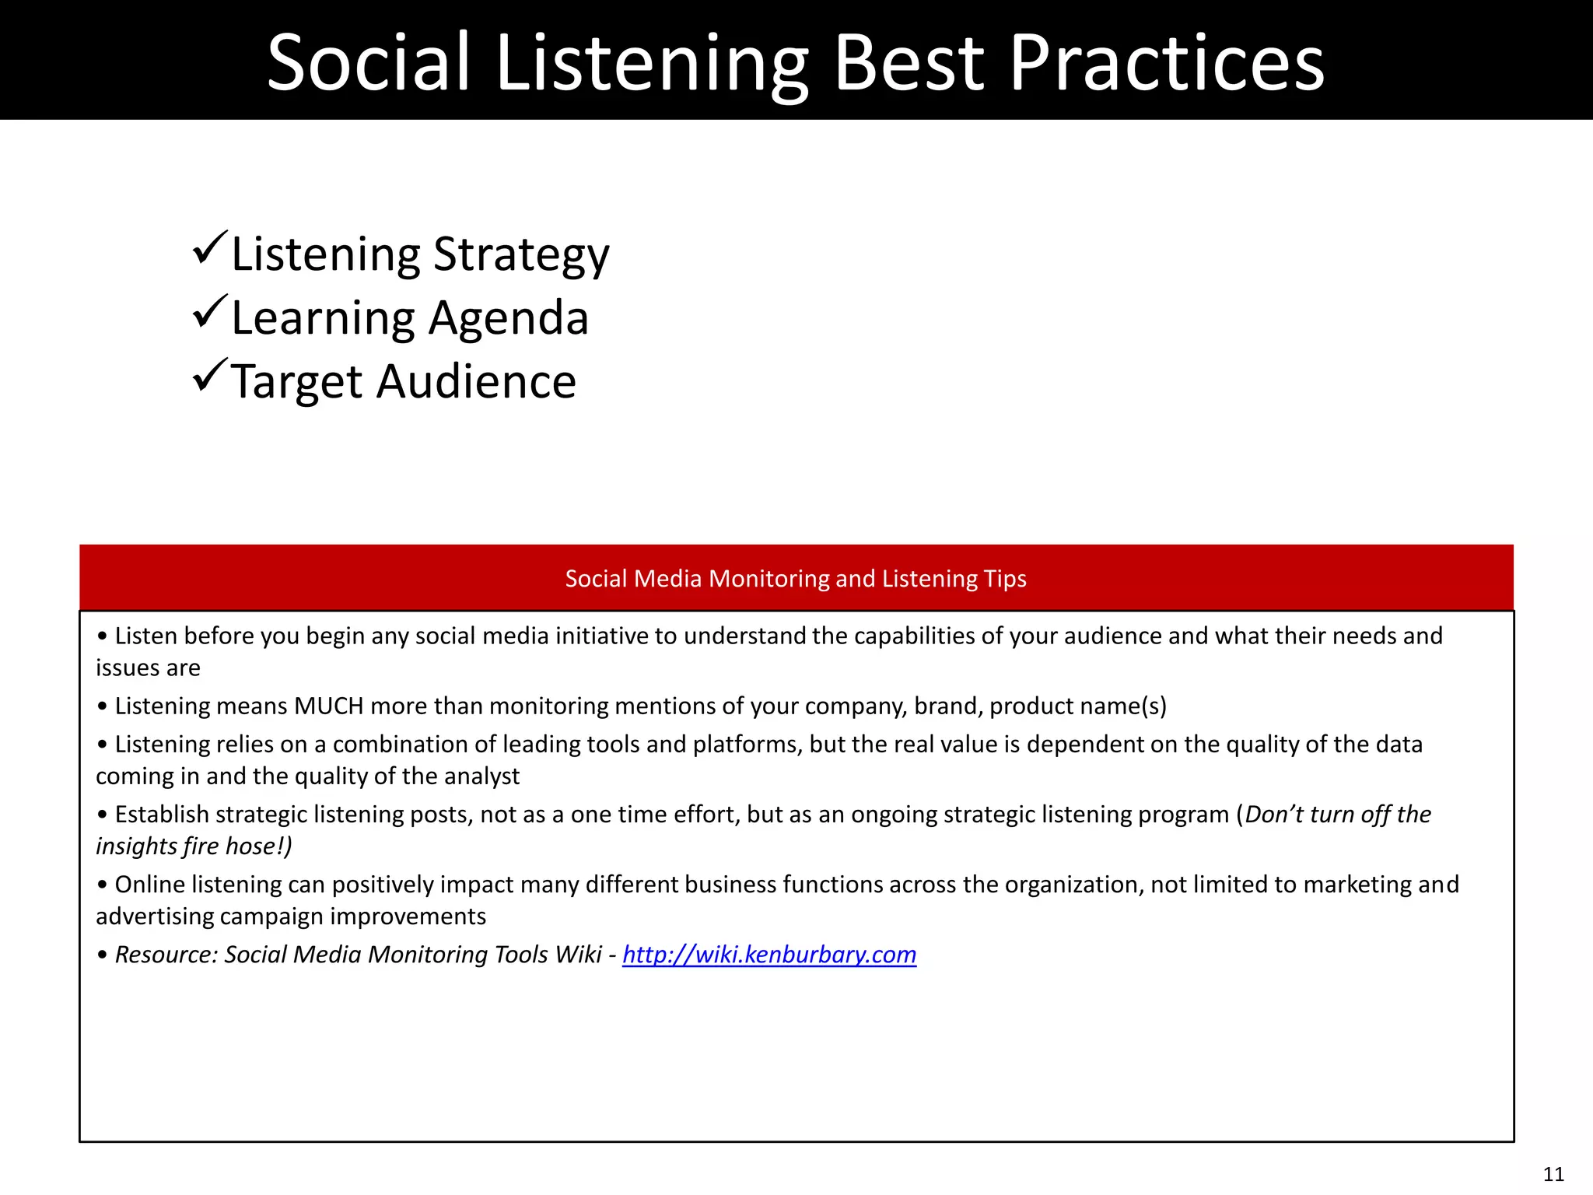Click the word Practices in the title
point(1167,62)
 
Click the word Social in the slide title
point(369,62)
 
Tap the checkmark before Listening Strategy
point(210,248)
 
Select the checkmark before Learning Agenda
point(210,312)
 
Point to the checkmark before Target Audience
point(210,376)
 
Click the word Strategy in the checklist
point(521,255)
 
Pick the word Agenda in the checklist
point(509,318)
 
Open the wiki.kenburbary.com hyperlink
point(769,955)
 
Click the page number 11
point(1553,1174)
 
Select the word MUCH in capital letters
point(329,706)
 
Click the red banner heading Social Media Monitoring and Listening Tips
point(796,578)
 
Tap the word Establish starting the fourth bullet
point(162,815)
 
